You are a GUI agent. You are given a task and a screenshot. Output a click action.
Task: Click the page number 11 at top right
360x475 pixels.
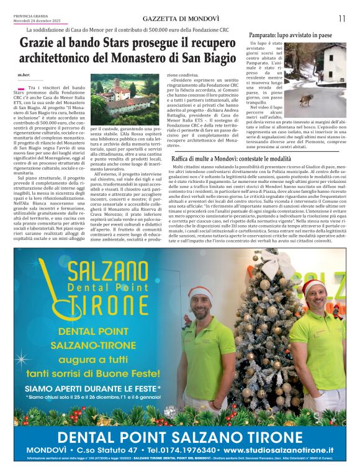(x=341, y=19)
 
